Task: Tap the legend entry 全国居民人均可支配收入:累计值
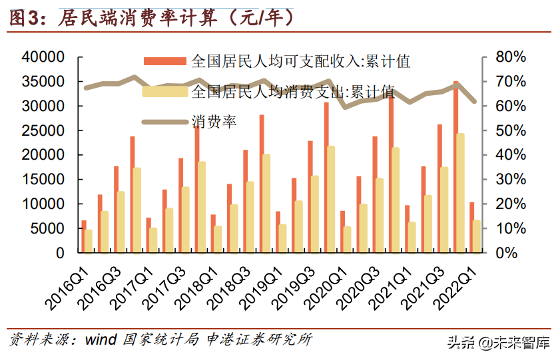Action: click(x=300, y=62)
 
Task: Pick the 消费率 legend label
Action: click(x=214, y=121)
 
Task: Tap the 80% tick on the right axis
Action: click(x=510, y=57)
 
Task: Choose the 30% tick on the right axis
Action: click(x=510, y=180)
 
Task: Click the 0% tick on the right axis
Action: click(x=513, y=253)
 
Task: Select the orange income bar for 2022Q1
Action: click(x=472, y=228)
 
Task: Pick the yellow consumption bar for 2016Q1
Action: click(x=89, y=241)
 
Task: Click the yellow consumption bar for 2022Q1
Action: click(x=477, y=236)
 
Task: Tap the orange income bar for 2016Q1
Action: click(x=84, y=236)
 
